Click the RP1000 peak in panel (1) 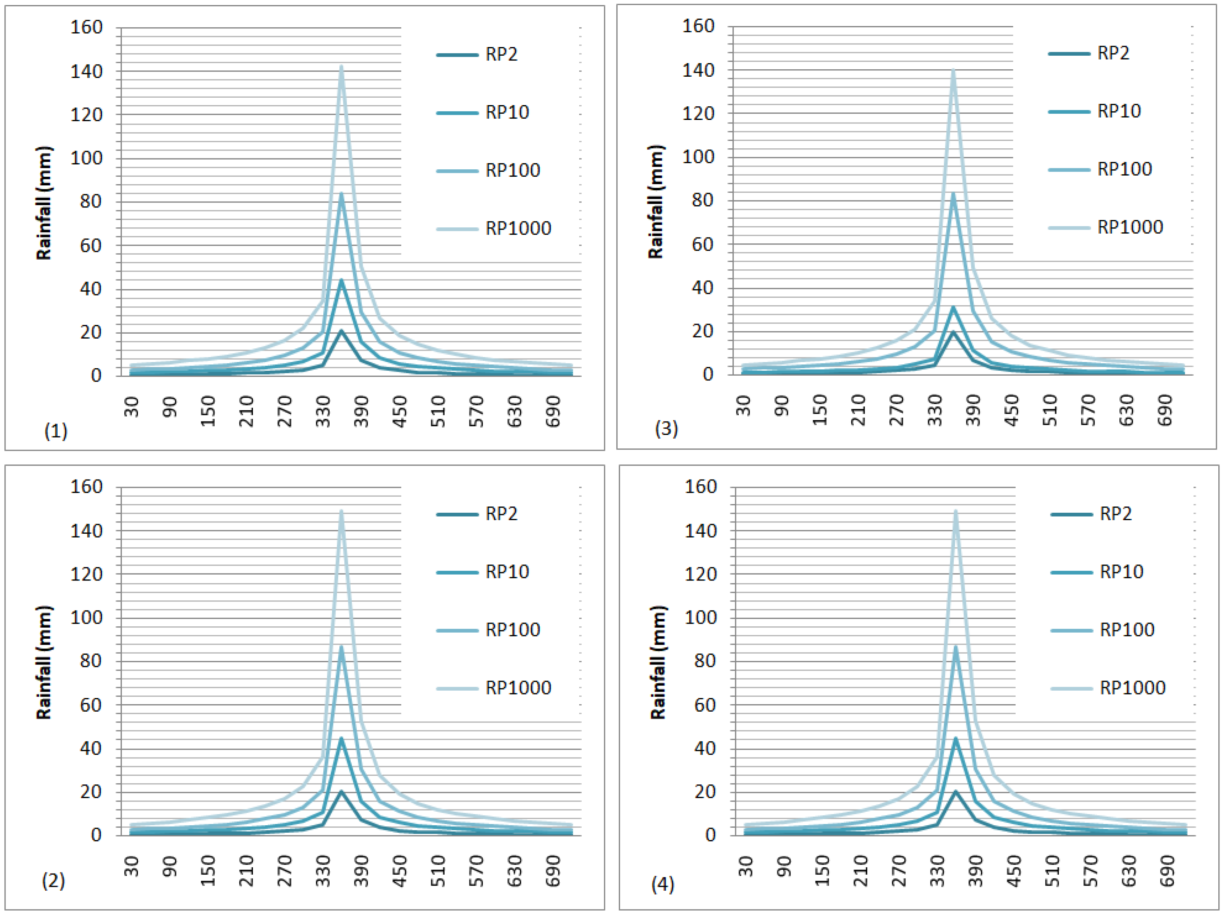click(341, 67)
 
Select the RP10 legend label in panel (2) click(507, 572)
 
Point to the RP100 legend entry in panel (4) click(1127, 630)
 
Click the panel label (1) click(56, 431)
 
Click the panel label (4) click(662, 884)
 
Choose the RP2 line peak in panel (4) click(955, 792)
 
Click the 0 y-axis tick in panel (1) click(96, 376)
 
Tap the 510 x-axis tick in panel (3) click(1049, 410)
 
